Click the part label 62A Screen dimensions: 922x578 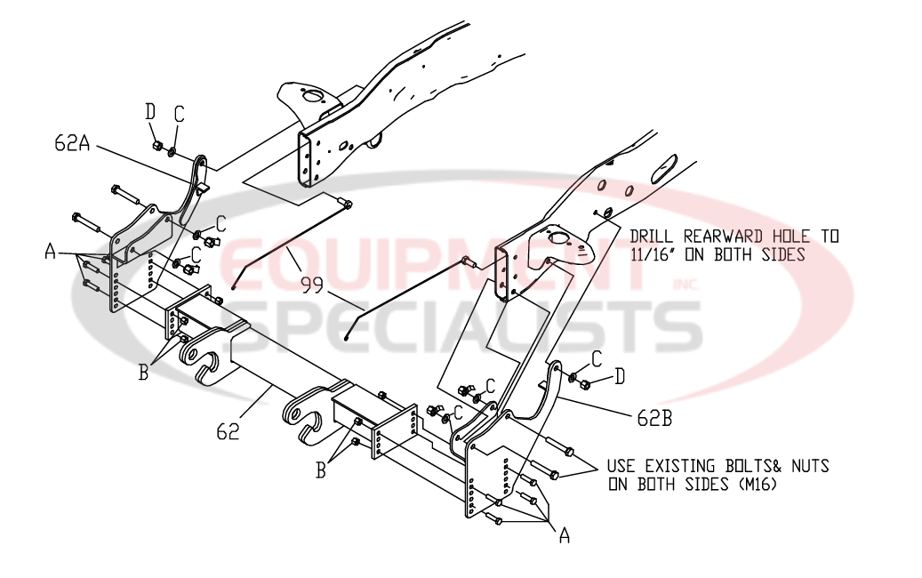click(72, 143)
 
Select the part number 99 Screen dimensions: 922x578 click(312, 285)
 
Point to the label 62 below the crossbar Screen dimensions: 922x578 click(228, 432)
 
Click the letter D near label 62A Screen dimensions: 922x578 click(150, 112)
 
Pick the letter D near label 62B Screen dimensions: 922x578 click(620, 376)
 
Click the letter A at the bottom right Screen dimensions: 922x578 click(564, 535)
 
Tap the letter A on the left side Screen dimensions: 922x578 click(51, 252)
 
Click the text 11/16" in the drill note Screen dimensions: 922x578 click(653, 254)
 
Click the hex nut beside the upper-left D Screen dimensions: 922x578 click(157, 145)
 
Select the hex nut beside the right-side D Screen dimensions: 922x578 click(585, 384)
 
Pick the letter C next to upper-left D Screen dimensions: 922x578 click(179, 114)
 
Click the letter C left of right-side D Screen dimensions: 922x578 click(597, 358)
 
